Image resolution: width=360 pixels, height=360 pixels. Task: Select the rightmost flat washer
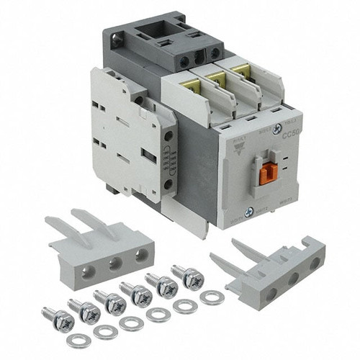(212, 296)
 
